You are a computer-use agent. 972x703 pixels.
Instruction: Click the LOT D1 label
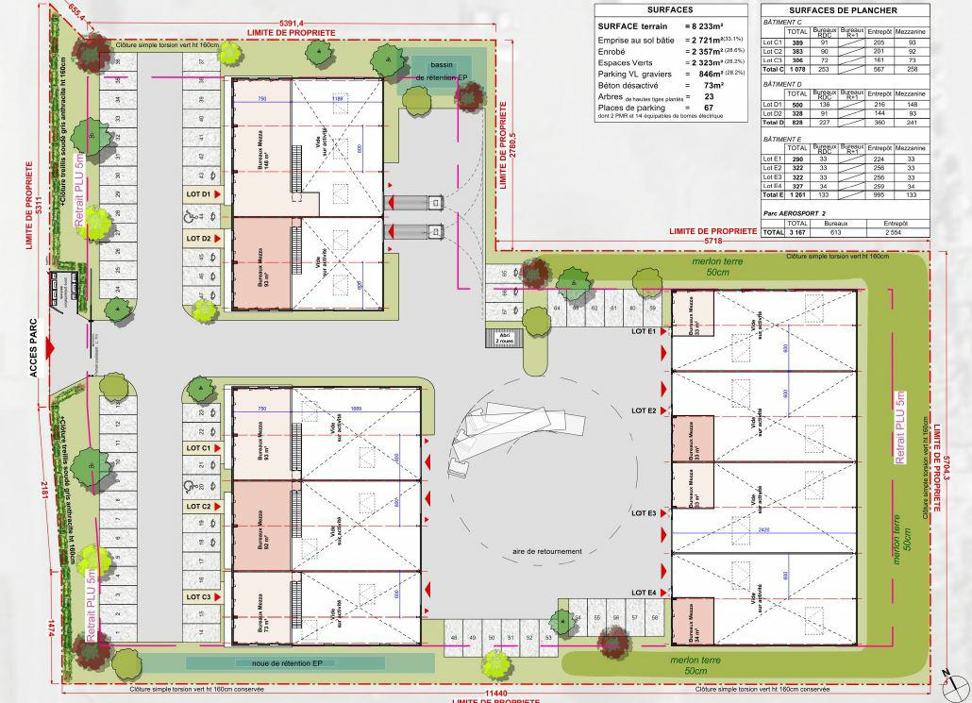click(198, 194)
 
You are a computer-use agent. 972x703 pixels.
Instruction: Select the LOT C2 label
click(198, 507)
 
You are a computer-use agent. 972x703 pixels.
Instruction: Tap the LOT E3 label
click(644, 513)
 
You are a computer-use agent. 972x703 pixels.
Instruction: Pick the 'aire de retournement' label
click(547, 551)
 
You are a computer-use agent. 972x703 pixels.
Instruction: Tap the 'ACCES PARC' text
click(33, 348)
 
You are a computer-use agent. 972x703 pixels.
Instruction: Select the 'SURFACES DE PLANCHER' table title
click(844, 10)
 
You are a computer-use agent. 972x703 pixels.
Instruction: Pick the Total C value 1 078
click(797, 69)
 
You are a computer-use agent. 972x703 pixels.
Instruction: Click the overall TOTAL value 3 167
click(797, 231)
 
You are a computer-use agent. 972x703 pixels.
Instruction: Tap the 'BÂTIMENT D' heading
click(781, 84)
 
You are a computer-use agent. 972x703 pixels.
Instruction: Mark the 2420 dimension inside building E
click(763, 530)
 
